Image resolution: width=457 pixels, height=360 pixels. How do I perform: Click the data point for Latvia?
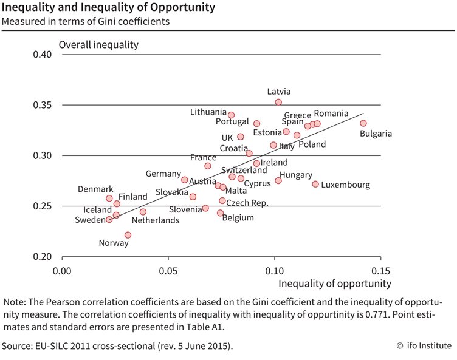[278, 103]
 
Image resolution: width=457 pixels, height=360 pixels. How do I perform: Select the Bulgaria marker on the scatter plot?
[363, 123]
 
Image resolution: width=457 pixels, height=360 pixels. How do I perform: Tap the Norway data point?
[128, 235]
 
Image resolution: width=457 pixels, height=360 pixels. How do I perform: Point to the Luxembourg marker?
[315, 184]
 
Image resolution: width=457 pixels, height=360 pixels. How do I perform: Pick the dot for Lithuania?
[231, 115]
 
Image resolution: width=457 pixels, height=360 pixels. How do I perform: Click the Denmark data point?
[109, 199]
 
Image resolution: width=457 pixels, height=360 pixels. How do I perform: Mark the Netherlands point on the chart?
[143, 212]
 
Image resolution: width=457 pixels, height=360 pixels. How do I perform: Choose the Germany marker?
[185, 180]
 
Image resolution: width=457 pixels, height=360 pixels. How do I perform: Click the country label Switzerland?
[244, 170]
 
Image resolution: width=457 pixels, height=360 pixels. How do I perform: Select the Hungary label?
[296, 175]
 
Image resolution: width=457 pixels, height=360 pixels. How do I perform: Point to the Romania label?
[331, 114]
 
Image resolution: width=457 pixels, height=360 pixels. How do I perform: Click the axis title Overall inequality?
[98, 44]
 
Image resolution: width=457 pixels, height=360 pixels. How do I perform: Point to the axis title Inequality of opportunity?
[335, 283]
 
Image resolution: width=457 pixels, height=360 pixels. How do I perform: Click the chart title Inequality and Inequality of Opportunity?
[108, 8]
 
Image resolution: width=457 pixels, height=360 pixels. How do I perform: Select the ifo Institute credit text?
[424, 346]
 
